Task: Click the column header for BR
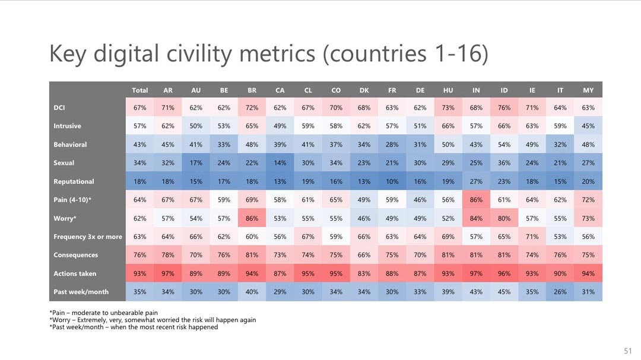click(x=252, y=90)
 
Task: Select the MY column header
click(x=588, y=90)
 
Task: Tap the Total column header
click(x=139, y=90)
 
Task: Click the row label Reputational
click(x=74, y=181)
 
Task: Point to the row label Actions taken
click(x=75, y=273)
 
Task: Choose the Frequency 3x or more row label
click(x=88, y=237)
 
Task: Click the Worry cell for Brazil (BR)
click(x=252, y=218)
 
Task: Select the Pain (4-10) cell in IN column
click(x=476, y=200)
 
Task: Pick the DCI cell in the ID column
click(x=504, y=108)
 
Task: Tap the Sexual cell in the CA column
click(x=280, y=163)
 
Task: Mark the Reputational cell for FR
click(x=392, y=181)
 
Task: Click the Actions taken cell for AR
click(x=168, y=273)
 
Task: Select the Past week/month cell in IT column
click(x=560, y=292)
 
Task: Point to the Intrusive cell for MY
click(x=588, y=126)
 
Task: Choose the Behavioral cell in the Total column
click(x=139, y=145)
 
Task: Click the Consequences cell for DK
click(x=364, y=255)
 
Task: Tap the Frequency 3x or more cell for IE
click(x=532, y=237)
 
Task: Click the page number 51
click(x=629, y=350)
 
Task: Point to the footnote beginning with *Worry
click(x=153, y=320)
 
